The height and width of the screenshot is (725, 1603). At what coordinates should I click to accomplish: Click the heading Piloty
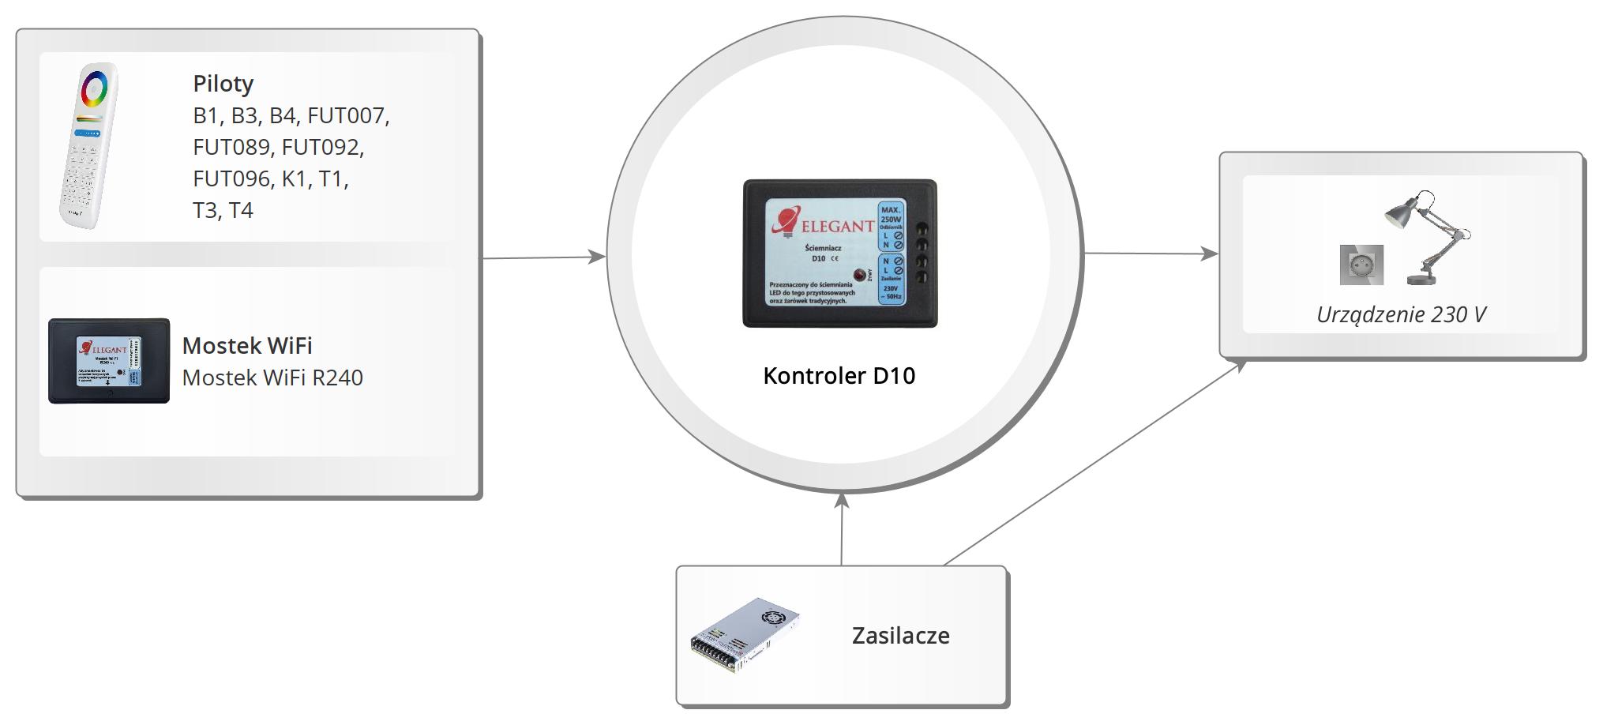point(223,84)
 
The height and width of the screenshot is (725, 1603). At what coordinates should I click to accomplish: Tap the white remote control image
point(89,146)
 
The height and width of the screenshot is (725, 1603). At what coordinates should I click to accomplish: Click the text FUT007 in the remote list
point(347,116)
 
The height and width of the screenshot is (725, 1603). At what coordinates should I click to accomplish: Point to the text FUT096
point(231,179)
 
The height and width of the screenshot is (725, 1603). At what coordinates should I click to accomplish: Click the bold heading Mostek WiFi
point(247,346)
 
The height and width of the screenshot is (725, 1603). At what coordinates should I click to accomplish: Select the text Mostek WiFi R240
point(272,378)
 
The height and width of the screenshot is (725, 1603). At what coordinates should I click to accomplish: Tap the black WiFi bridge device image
point(109,361)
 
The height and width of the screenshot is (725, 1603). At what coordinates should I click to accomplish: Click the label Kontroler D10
point(839,376)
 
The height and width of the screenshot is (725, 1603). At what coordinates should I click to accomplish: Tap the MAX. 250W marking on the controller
point(891,215)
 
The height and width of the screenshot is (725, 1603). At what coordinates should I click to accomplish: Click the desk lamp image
point(1428,237)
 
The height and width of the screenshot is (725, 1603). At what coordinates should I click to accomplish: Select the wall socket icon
point(1361,265)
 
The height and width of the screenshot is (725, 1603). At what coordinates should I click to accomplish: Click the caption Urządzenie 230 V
point(1401,315)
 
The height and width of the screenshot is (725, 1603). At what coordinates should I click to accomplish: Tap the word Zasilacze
point(900,636)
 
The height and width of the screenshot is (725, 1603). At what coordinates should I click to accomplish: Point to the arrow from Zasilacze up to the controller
point(842,529)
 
